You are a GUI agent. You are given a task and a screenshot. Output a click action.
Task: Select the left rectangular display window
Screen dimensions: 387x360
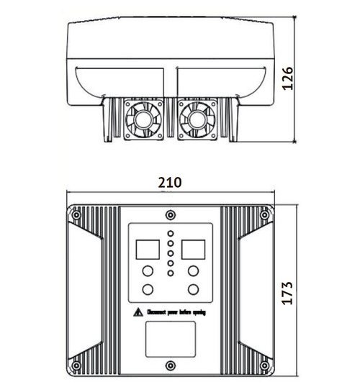click(146, 249)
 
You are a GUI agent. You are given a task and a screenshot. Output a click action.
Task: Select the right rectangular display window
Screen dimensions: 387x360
click(194, 249)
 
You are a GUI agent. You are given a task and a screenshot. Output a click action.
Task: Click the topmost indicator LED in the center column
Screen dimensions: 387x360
click(171, 235)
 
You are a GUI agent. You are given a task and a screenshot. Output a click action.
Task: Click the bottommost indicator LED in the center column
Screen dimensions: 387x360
click(171, 273)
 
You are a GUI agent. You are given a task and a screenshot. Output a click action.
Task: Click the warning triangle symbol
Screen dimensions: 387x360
click(138, 313)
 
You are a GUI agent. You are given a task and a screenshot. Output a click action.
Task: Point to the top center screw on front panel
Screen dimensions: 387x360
click(170, 214)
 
